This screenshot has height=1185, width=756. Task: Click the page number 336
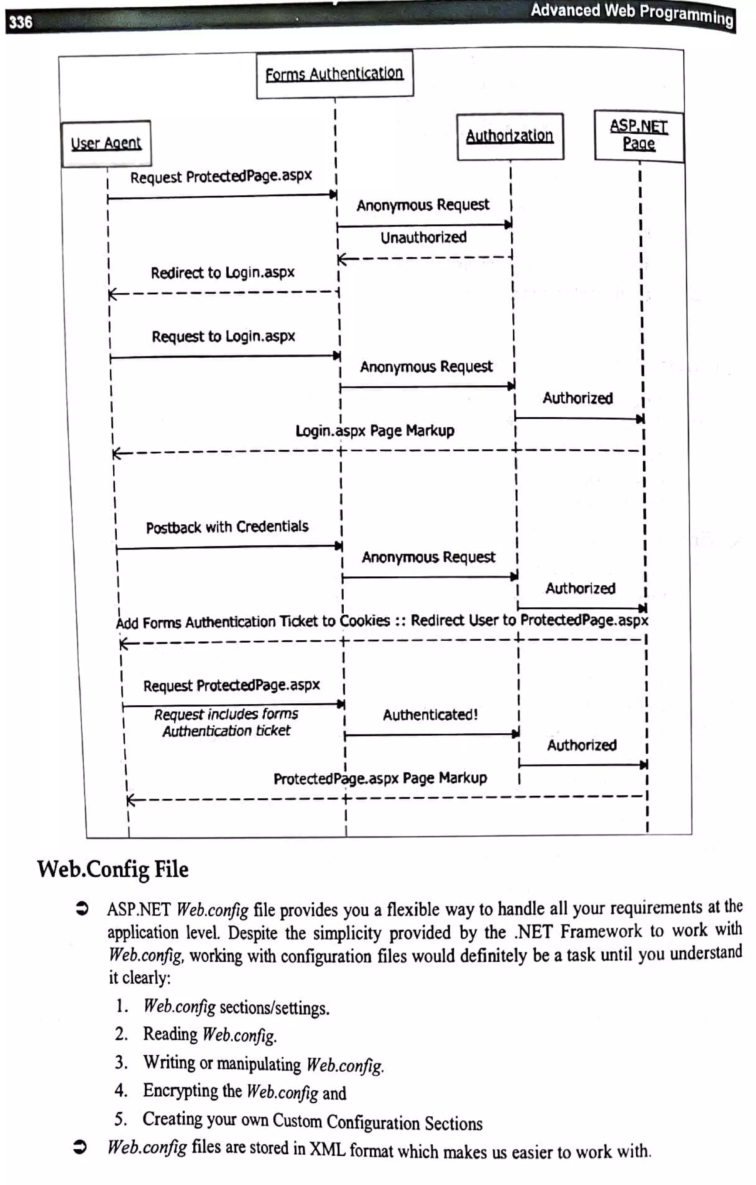tap(21, 22)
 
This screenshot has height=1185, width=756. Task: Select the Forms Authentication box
tap(335, 74)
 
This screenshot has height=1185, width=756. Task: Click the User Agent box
tap(106, 144)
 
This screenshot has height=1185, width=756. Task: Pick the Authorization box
tap(510, 136)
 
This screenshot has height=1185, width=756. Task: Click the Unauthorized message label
tap(423, 238)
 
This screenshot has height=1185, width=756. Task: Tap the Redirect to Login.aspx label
tap(223, 273)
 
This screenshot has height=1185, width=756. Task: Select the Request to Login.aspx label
tap(223, 337)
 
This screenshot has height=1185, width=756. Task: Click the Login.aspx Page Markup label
tap(375, 431)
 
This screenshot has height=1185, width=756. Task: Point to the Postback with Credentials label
tap(227, 527)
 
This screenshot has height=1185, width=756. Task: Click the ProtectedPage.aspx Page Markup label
tap(380, 779)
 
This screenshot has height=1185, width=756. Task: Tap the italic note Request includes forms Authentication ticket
tap(226, 723)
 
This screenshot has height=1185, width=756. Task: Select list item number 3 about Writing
tap(263, 1064)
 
